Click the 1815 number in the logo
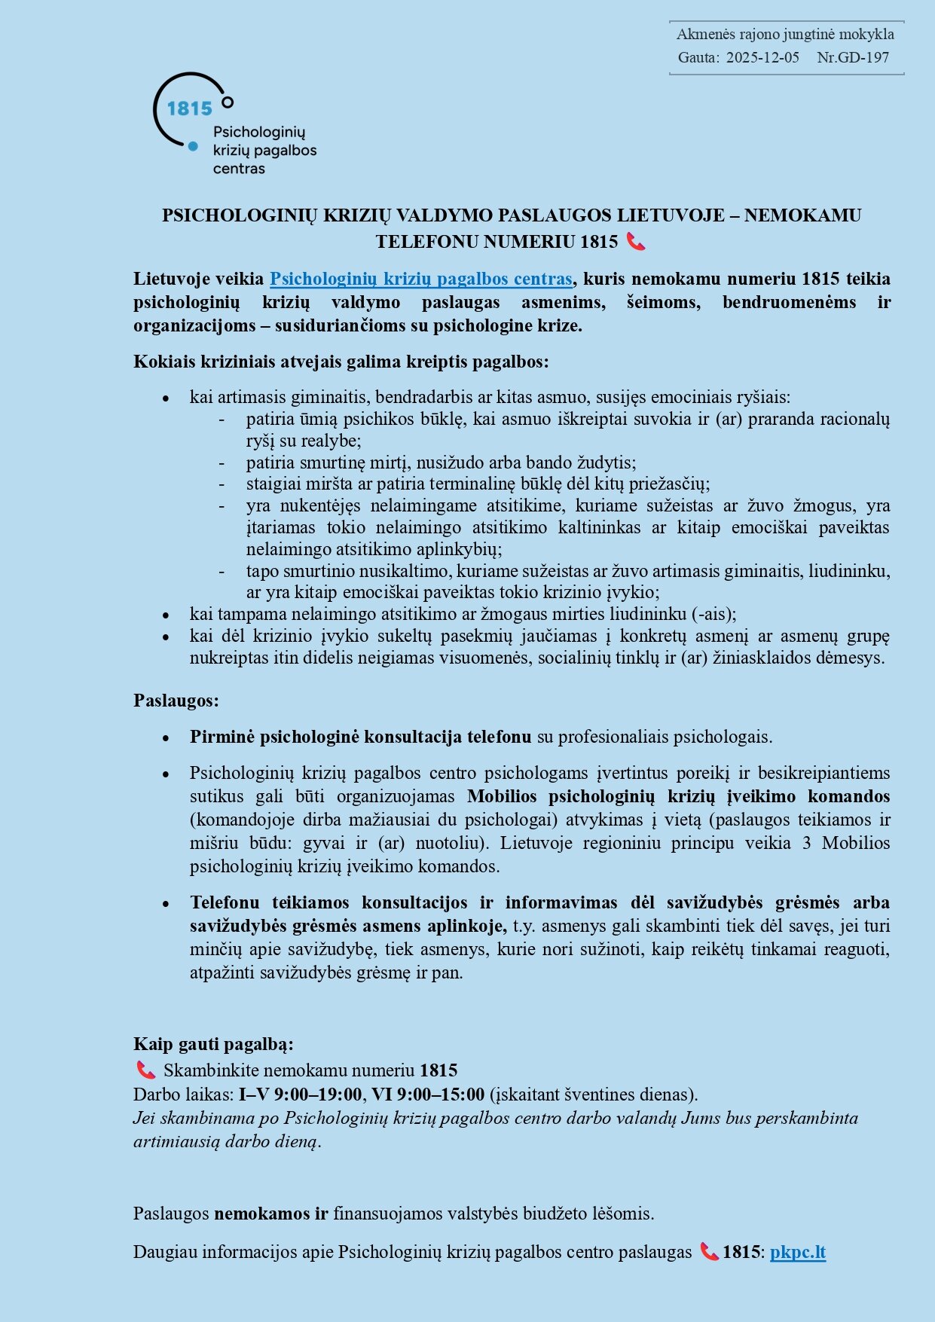(x=189, y=109)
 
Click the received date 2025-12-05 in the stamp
(x=762, y=57)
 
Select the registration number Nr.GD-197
(x=853, y=57)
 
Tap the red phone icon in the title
(x=636, y=242)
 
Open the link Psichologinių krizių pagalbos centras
(x=421, y=279)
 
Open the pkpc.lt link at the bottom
(x=798, y=1252)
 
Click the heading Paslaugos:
(x=176, y=701)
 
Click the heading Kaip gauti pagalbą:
(x=213, y=1044)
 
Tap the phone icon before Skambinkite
(x=145, y=1070)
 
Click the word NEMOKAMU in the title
(x=802, y=215)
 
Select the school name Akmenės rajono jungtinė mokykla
(x=785, y=34)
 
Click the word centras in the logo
(x=239, y=169)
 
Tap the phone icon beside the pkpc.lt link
(x=708, y=1252)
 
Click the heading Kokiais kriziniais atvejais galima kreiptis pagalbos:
(x=341, y=362)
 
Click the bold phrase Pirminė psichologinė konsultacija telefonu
(x=360, y=737)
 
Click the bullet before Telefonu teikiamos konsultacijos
(x=166, y=903)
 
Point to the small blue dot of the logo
(x=193, y=146)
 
